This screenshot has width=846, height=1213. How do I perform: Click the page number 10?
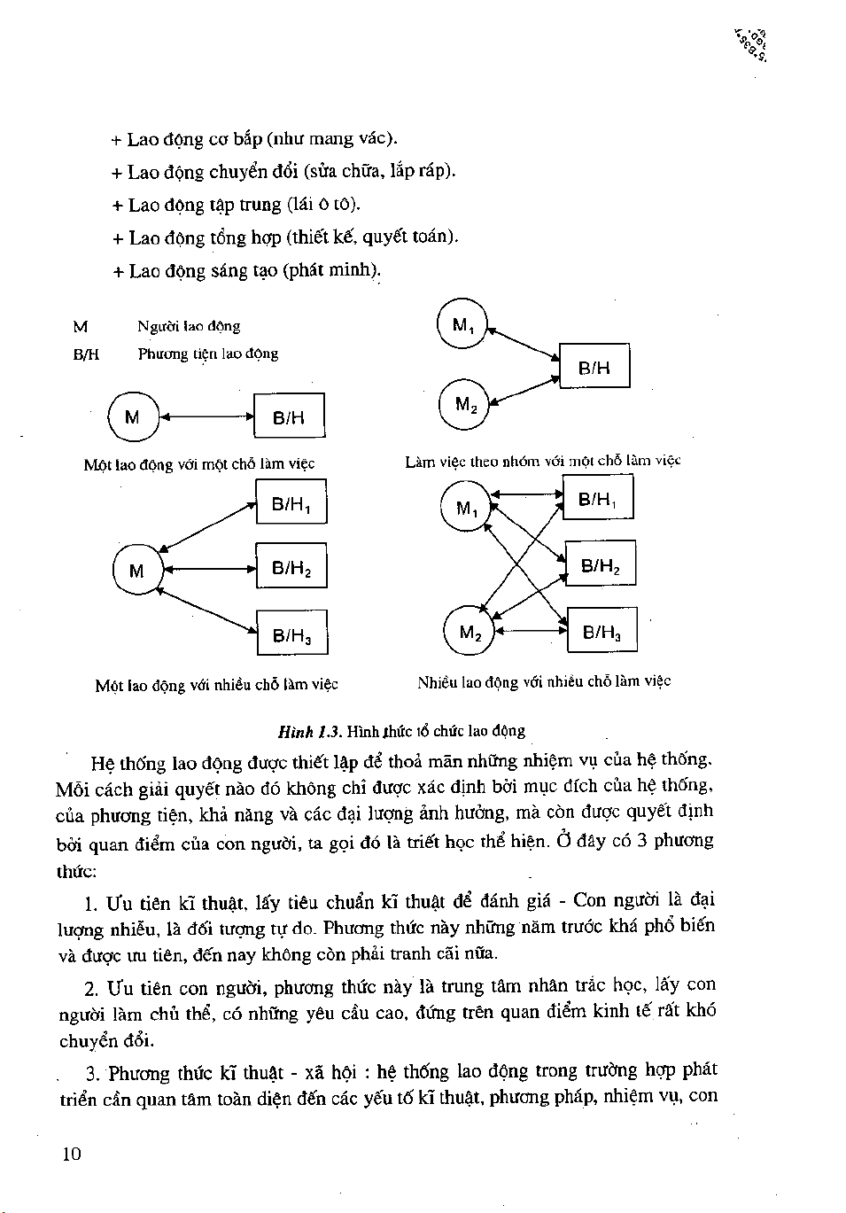72,1153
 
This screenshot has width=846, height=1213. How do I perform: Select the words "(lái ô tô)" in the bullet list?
323,205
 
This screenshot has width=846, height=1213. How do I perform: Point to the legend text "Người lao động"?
188,326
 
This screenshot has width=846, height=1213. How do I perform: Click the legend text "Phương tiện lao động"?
207,354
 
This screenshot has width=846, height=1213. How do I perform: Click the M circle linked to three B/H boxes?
136,570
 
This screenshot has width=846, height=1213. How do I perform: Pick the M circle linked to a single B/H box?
132,416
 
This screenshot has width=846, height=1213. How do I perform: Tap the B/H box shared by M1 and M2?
594,366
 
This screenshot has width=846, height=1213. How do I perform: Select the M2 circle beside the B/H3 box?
470,631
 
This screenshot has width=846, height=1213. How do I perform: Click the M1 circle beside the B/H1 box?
465,507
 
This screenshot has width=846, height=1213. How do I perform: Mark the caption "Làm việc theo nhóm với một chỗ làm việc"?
542,461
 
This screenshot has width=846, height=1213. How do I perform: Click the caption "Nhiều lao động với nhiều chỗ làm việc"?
544,681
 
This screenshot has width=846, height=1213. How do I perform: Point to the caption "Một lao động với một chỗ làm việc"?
198,463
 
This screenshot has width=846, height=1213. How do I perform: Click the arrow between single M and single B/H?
206,416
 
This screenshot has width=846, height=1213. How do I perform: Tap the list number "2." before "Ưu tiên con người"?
91,988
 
